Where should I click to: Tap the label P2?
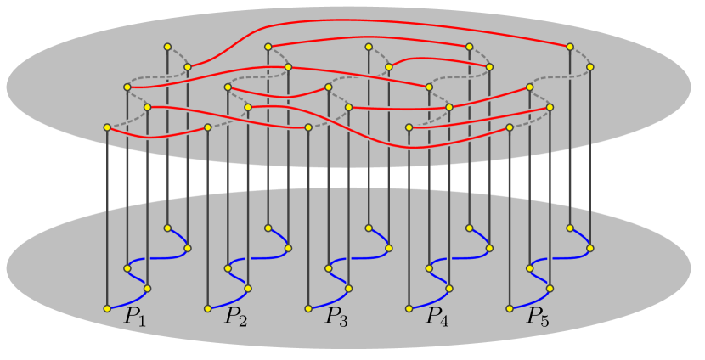click(x=236, y=318)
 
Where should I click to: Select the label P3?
click(x=337, y=318)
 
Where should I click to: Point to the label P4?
click(x=437, y=318)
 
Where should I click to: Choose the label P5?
click(x=538, y=318)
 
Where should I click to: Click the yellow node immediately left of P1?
click(x=107, y=308)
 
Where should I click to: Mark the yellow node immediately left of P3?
click(x=308, y=308)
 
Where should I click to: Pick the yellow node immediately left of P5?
click(x=510, y=308)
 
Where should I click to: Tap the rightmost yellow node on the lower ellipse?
click(x=589, y=248)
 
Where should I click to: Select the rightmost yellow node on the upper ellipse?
click(x=589, y=66)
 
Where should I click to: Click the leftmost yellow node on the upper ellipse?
click(x=107, y=127)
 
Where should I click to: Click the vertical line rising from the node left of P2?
click(x=208, y=221)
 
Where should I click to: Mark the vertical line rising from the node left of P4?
click(x=409, y=221)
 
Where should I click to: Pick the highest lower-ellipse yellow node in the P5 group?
click(x=570, y=228)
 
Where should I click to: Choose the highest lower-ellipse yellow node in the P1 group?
click(x=167, y=228)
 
